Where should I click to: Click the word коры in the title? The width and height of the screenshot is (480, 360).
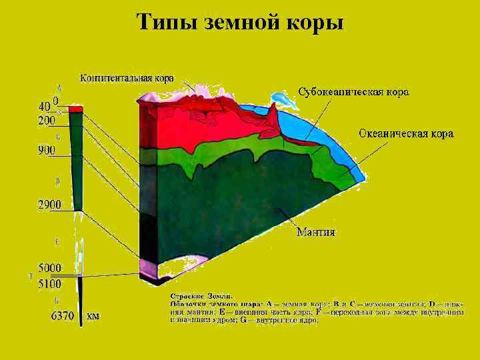316,23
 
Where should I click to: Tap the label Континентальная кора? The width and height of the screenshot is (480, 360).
127,78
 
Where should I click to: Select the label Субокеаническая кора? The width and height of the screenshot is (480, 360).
353,91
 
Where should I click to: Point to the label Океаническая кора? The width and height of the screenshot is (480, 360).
406,134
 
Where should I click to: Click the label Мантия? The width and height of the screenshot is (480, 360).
315,233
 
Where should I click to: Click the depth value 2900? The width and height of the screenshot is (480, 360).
49,205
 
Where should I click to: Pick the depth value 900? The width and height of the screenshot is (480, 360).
47,151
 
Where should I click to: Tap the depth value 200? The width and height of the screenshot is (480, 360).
47,121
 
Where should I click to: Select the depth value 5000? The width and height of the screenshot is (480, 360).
49,268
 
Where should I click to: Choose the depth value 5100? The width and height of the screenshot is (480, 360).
49,283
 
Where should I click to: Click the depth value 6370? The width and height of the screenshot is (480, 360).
63,316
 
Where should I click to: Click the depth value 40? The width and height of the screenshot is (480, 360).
44,107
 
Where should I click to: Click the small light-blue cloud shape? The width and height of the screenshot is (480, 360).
285,100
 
